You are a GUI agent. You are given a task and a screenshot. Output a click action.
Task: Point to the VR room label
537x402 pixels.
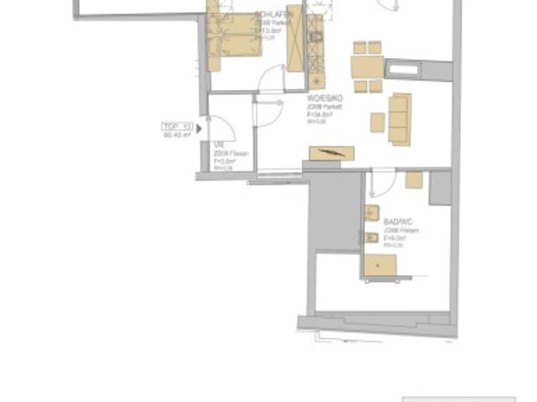click(x=217, y=145)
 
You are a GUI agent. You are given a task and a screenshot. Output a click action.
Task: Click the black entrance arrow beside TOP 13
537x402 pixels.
click(x=199, y=128)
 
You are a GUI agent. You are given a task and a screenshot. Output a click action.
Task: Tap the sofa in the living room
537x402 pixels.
click(x=399, y=118)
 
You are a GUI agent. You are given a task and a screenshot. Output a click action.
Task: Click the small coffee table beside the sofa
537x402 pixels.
click(x=378, y=122)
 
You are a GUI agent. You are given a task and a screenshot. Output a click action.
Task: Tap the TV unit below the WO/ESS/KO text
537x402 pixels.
click(x=331, y=154)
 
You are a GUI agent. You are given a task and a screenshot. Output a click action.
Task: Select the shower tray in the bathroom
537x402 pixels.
click(x=382, y=264)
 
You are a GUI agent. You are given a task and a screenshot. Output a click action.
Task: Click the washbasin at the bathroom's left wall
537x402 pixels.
click(x=372, y=213)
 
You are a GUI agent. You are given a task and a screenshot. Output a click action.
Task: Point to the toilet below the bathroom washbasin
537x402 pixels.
click(x=371, y=238)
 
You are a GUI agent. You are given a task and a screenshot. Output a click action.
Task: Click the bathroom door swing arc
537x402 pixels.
click(x=382, y=183)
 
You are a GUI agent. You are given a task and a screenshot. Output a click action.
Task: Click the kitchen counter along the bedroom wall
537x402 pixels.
click(x=316, y=50)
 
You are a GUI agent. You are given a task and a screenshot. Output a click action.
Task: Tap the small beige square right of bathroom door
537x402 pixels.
click(x=414, y=179)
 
